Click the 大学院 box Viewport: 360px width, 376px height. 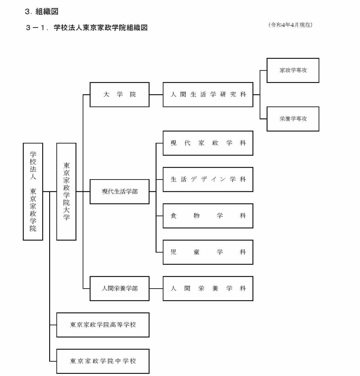(x=119, y=94)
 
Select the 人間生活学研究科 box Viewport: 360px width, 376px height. (x=208, y=94)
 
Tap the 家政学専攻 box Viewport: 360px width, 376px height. (x=292, y=70)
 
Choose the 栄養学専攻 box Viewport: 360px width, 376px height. (x=292, y=119)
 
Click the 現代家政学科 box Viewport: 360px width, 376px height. (x=208, y=143)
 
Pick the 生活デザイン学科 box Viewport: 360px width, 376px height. (x=208, y=179)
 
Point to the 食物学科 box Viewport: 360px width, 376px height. (x=208, y=216)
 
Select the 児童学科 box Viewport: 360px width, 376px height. (x=208, y=252)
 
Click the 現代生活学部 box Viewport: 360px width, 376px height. (x=119, y=192)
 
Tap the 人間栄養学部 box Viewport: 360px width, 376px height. (x=119, y=289)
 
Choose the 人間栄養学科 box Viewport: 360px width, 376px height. (x=208, y=289)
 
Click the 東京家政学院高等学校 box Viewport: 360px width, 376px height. (x=103, y=325)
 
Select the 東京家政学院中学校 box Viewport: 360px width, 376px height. (x=103, y=361)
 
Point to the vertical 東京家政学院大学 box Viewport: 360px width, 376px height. (x=66, y=192)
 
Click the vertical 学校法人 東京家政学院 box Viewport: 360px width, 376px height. (x=33, y=192)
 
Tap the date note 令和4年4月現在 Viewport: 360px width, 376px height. (x=290, y=25)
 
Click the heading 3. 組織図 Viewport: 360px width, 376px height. (x=42, y=11)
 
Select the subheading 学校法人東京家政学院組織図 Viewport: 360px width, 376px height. (x=101, y=28)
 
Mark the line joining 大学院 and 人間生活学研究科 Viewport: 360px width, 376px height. (x=156, y=94)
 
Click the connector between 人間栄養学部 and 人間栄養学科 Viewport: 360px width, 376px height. (x=156, y=289)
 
